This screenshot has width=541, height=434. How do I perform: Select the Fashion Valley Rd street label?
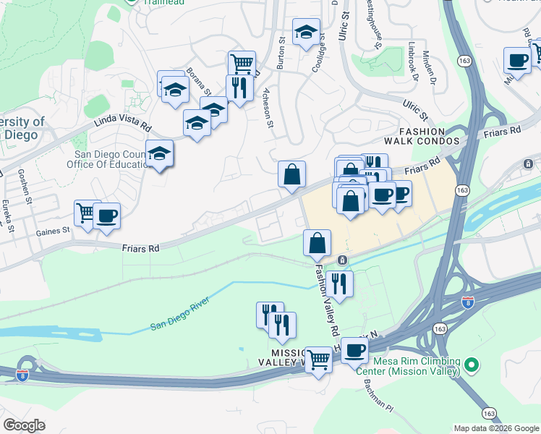(x=325, y=301)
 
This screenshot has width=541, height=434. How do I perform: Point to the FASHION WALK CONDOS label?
(x=427, y=135)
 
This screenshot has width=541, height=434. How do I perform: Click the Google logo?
(x=25, y=425)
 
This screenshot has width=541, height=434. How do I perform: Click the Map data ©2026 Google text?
(x=496, y=428)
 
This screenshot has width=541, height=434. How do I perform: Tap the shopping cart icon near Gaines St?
(x=87, y=213)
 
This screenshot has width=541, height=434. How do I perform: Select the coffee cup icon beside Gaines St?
(x=107, y=216)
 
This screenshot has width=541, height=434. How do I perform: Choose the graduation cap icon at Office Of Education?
(x=160, y=154)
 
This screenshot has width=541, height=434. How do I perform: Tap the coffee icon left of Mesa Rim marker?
(x=354, y=351)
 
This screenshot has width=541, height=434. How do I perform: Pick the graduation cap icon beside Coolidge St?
(x=306, y=32)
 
